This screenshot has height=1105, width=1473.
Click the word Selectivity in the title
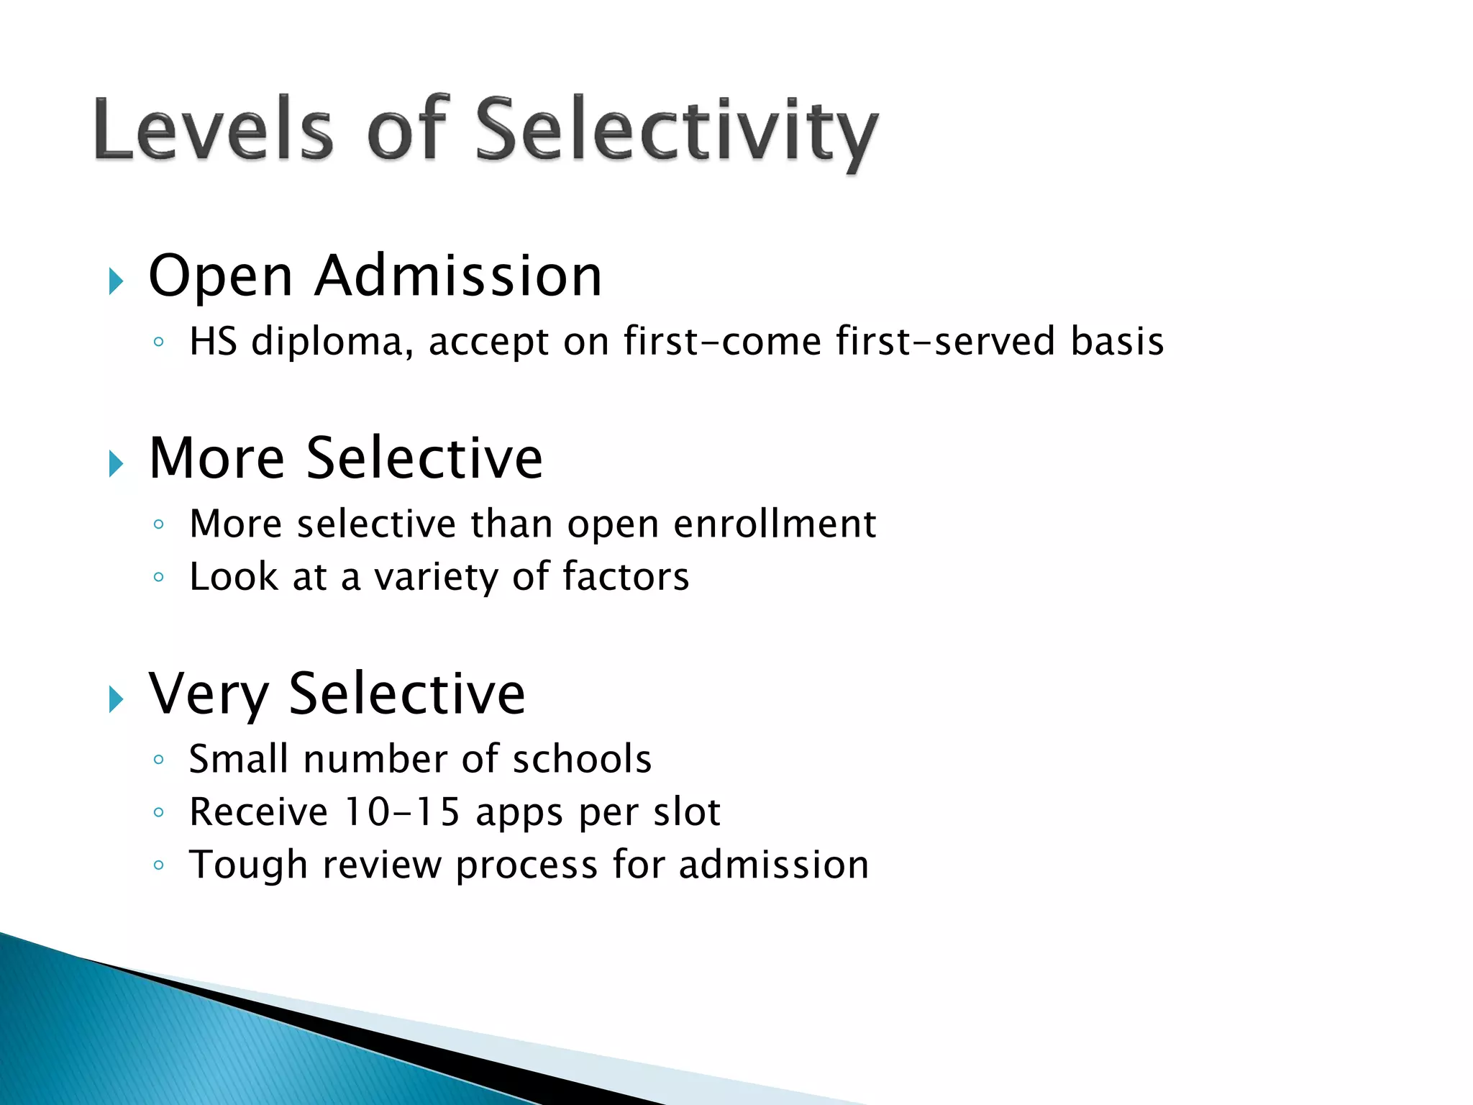pos(676,131)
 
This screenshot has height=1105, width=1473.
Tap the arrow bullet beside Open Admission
pos(116,281)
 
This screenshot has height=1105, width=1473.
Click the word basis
pos(1116,341)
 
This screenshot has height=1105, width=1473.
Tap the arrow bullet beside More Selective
pos(116,463)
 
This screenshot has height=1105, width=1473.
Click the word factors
pos(625,576)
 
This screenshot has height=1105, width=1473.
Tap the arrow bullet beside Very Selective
pos(116,699)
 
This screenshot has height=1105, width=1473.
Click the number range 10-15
pos(402,812)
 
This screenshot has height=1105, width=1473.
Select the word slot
pos(686,812)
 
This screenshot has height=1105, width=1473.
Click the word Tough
pos(249,865)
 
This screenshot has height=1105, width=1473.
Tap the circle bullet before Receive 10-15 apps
pos(159,813)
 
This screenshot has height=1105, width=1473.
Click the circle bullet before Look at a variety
pos(159,577)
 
